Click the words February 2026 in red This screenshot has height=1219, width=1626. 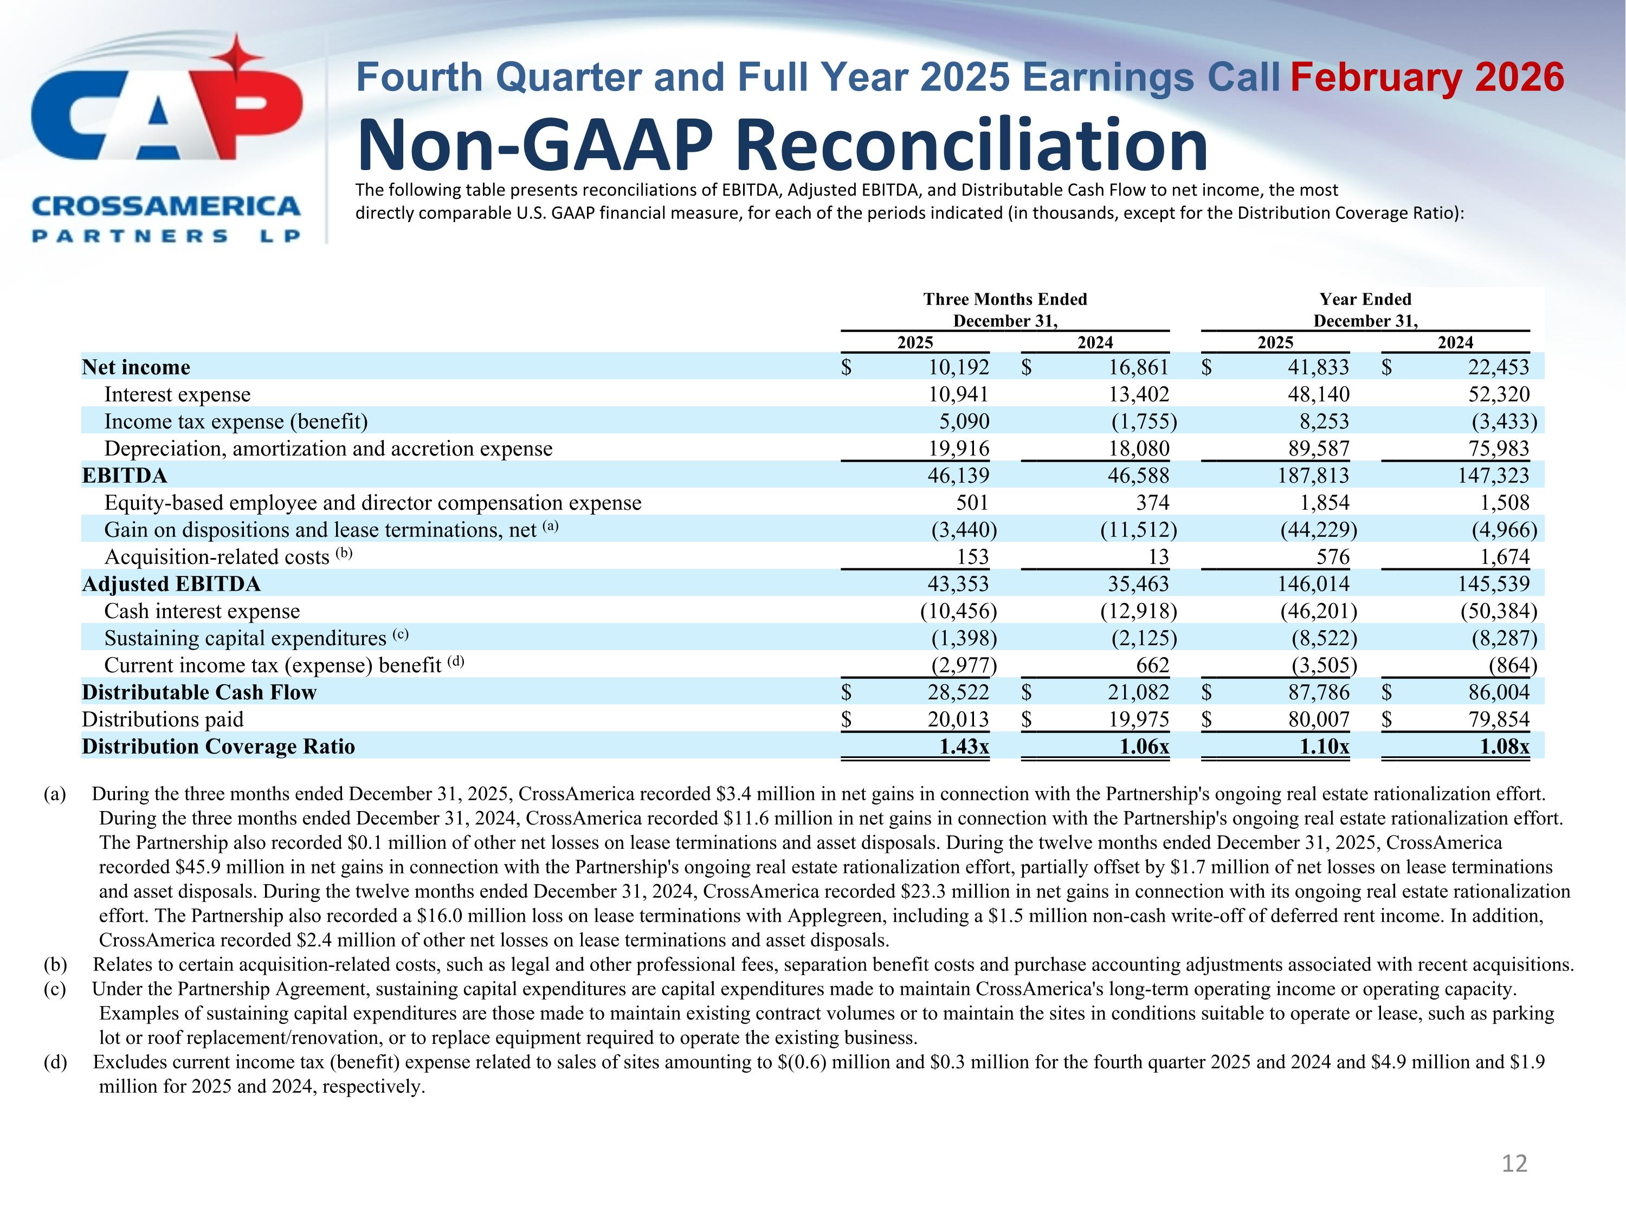click(x=1427, y=78)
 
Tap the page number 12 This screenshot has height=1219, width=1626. click(x=1514, y=1163)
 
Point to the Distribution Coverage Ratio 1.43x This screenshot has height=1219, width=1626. click(x=964, y=747)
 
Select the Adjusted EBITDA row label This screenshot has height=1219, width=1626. click(x=171, y=584)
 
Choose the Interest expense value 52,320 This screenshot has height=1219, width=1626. click(x=1499, y=394)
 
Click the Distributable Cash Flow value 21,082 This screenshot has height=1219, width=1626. click(x=1139, y=692)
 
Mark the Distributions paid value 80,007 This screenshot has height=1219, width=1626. click(x=1319, y=719)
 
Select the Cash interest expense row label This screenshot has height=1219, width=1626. click(x=202, y=611)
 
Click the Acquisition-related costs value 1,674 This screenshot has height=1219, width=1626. click(x=1505, y=557)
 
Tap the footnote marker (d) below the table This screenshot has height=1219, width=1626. click(x=55, y=1062)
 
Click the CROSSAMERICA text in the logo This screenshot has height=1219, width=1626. click(x=166, y=206)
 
